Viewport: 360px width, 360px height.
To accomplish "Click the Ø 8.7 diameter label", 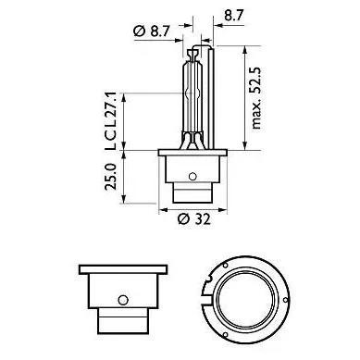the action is click(x=152, y=31).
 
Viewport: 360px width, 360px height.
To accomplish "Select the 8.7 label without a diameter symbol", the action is click(x=234, y=15).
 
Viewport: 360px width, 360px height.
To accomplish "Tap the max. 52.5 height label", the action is click(x=256, y=98).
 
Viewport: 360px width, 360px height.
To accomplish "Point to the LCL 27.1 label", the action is click(x=111, y=120).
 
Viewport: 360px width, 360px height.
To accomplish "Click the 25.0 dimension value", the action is click(x=111, y=177).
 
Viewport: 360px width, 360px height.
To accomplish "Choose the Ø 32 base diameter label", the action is click(x=194, y=219).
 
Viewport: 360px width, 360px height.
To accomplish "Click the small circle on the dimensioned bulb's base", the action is click(x=192, y=177).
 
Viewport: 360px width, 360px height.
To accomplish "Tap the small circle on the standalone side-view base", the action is click(x=123, y=300).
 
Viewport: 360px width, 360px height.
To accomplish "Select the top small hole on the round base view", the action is click(x=225, y=266).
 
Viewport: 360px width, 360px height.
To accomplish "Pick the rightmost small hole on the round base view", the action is click(x=285, y=300).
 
